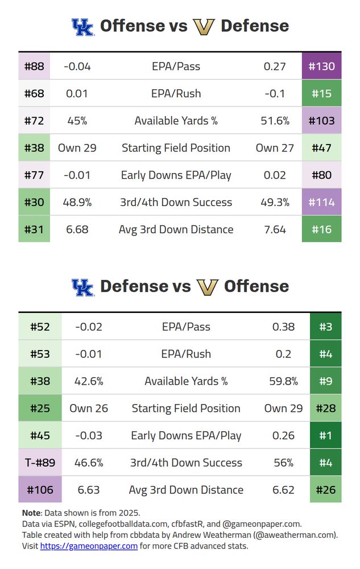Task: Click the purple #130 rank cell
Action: (x=322, y=66)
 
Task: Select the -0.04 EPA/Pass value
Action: (x=77, y=66)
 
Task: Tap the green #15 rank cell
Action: (x=322, y=93)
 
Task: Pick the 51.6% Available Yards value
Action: (x=275, y=121)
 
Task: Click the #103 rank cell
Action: (x=322, y=121)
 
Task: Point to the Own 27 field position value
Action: (x=275, y=148)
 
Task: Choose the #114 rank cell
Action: (x=322, y=202)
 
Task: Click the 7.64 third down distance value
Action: (x=275, y=229)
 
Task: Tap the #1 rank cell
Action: (x=325, y=435)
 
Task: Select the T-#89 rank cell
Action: (x=40, y=463)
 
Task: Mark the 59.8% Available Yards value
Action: (x=283, y=381)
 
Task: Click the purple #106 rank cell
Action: (x=40, y=490)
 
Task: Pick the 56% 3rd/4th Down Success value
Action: (x=283, y=463)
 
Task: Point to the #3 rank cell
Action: (x=325, y=327)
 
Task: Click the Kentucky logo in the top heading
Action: (x=82, y=27)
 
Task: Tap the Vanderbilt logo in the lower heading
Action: (x=207, y=287)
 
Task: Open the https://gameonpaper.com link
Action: (x=89, y=546)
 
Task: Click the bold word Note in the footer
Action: (x=31, y=513)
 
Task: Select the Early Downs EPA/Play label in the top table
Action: (x=176, y=175)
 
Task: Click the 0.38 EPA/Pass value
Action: (x=283, y=327)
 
